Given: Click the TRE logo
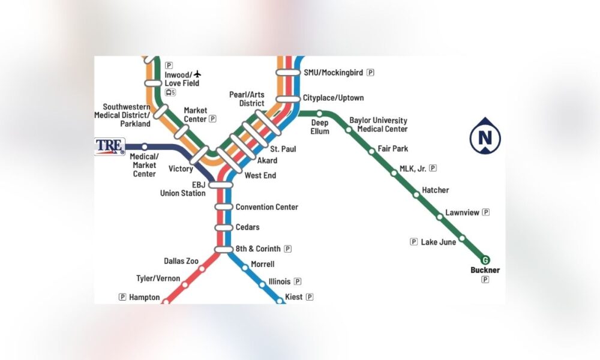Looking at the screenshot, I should [110, 146].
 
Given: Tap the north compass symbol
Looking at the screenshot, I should [485, 138].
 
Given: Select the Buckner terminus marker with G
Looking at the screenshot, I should [485, 260].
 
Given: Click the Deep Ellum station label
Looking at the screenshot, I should [320, 127].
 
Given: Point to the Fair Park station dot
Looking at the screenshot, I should [372, 151].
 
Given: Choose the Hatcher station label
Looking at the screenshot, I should [435, 190].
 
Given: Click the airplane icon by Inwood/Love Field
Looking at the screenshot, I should [198, 74].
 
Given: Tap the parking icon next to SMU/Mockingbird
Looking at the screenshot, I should [370, 73].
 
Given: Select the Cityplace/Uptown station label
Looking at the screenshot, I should [333, 98].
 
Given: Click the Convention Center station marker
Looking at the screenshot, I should [223, 207].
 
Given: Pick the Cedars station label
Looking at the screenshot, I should [247, 227].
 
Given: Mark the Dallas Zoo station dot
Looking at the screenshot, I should [202, 269].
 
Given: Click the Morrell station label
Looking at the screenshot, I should [262, 264].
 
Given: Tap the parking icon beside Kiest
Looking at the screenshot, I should [310, 296].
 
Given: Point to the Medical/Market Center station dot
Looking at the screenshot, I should [144, 146].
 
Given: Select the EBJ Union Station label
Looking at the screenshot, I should [182, 189].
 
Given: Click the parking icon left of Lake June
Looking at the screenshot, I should [413, 242].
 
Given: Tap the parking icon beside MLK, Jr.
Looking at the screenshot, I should [433, 169].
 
